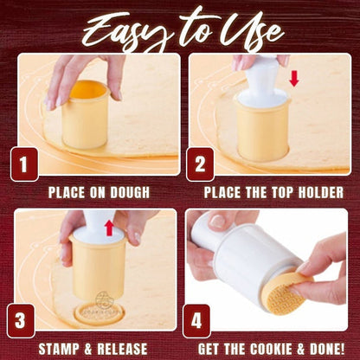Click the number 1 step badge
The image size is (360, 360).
click(24, 164)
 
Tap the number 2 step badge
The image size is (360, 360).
click(200, 164)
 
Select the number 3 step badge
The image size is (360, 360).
click(21, 320)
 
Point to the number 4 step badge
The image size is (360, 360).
click(196, 320)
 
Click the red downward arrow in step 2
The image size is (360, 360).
click(294, 79)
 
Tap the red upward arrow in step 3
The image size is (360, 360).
click(110, 228)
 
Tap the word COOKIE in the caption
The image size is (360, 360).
click(271, 349)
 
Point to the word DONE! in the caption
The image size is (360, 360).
click(327, 349)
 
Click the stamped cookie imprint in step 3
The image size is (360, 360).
click(99, 313)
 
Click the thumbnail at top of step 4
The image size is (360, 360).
click(217, 222)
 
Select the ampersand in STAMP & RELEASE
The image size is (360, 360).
click(89, 349)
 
